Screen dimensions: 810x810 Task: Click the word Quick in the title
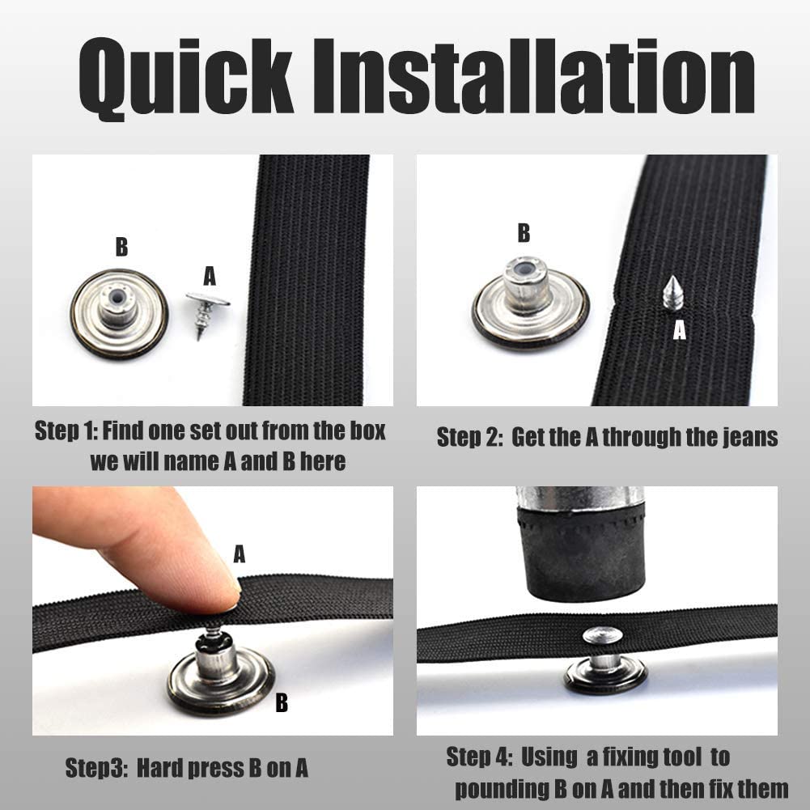[186, 78]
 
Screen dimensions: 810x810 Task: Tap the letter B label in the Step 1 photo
[121, 247]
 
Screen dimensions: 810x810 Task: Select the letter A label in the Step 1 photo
[210, 276]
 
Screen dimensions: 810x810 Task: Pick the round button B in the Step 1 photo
[119, 314]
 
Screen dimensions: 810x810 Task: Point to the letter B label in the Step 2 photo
[524, 233]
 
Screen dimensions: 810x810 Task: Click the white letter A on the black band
[679, 329]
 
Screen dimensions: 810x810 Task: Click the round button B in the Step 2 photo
[530, 302]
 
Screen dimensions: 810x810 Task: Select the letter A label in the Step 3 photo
[240, 554]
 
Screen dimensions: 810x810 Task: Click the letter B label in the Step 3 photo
[282, 702]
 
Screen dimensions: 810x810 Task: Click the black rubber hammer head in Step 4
[582, 552]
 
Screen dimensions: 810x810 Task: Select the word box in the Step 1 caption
[368, 430]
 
